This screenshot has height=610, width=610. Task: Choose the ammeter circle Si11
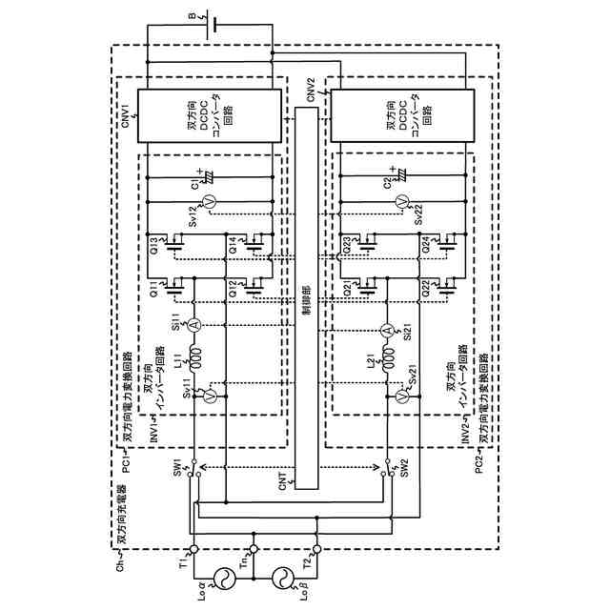[194, 326]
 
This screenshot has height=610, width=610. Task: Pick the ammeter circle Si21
[387, 330]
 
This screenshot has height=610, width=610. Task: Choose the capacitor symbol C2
[400, 176]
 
